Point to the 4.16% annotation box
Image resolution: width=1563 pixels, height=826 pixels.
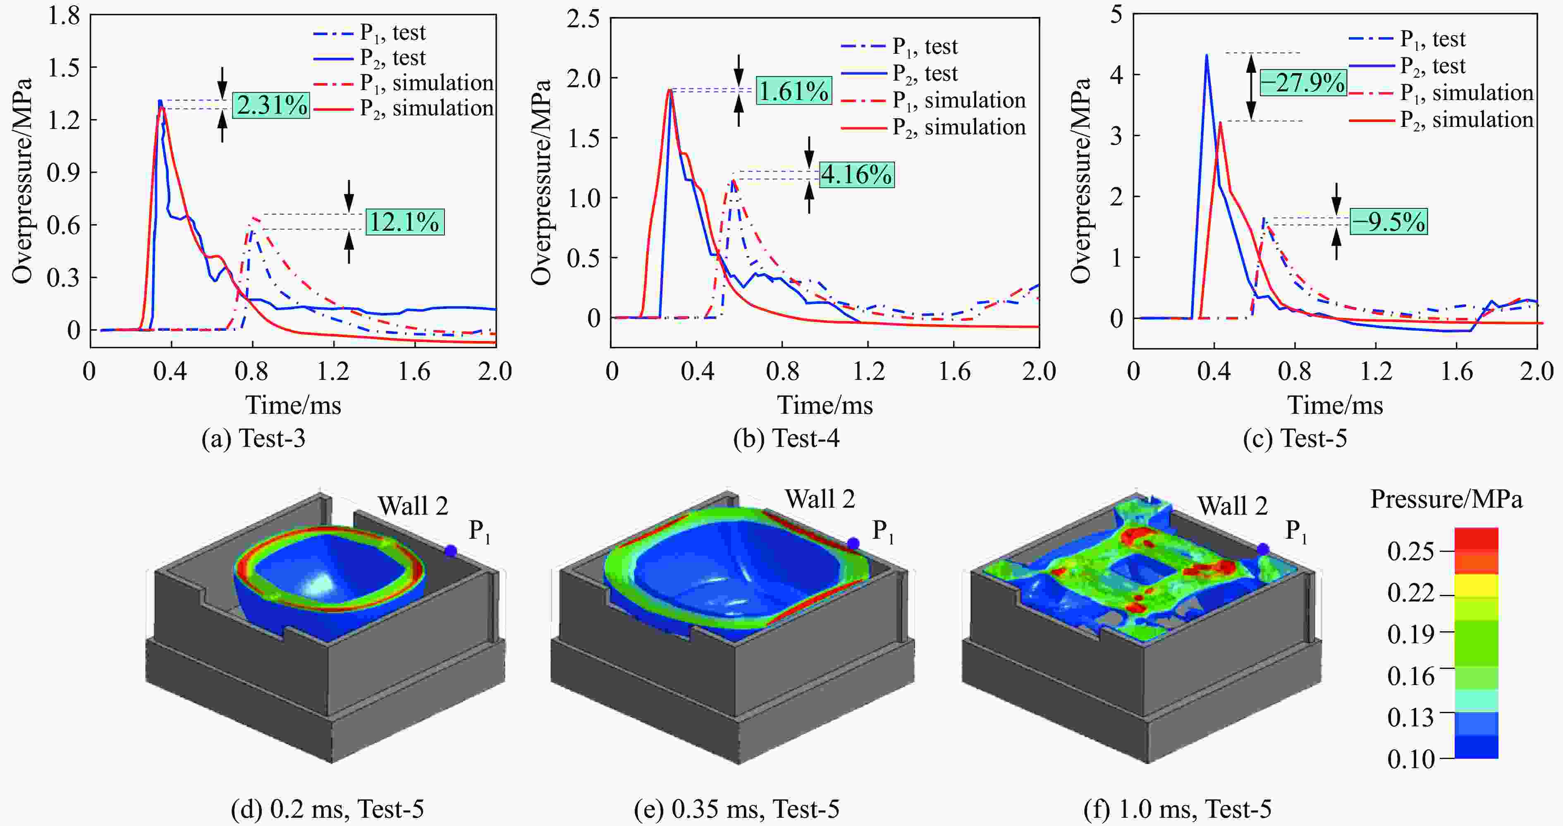(x=857, y=174)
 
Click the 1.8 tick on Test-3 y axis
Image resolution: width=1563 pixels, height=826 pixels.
(x=64, y=16)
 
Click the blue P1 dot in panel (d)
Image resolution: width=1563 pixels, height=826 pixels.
(x=450, y=551)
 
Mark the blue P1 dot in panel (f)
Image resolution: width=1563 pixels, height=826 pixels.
(x=1263, y=549)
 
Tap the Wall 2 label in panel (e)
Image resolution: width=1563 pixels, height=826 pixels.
(x=820, y=499)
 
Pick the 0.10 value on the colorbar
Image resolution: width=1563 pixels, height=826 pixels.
(x=1411, y=759)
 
